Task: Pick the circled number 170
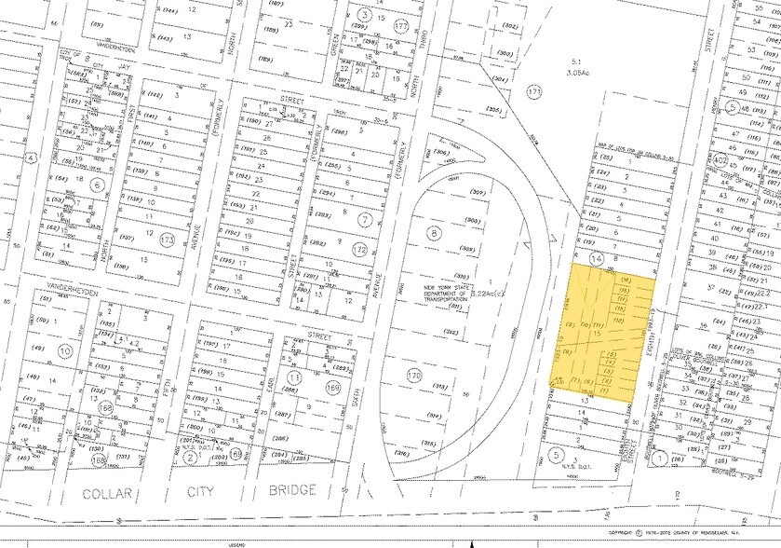click(415, 376)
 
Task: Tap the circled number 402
click(746, 160)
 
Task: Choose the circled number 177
click(401, 24)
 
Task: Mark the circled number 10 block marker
click(64, 350)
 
